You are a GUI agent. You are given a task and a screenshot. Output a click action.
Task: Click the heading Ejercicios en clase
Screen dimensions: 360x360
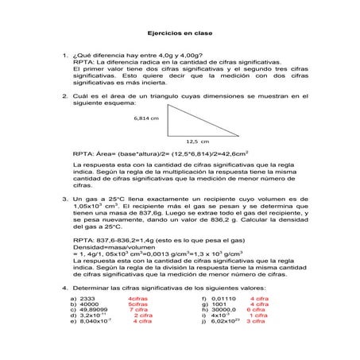point(179,34)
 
